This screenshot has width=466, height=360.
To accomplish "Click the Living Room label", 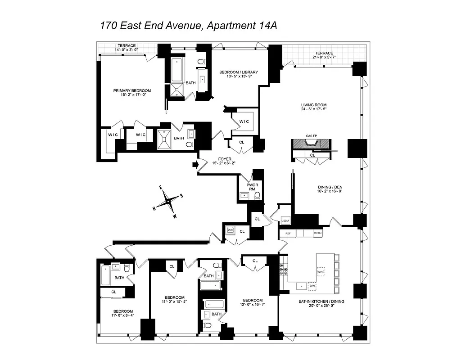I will pos(314,105).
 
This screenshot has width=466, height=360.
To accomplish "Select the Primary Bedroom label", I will pos(132,90).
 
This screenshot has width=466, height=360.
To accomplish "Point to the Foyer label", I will pos(225,159).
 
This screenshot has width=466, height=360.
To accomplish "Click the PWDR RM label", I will pos(251,187).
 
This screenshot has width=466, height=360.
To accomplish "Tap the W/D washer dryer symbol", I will pos(231,230).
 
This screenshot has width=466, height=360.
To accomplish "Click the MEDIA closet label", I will pos(285,221).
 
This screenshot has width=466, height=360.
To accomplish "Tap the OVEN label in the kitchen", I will pos(317,233).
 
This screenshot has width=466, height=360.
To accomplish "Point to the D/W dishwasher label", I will pos(312,285).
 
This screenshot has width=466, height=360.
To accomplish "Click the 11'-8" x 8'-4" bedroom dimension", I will pos(123,315).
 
